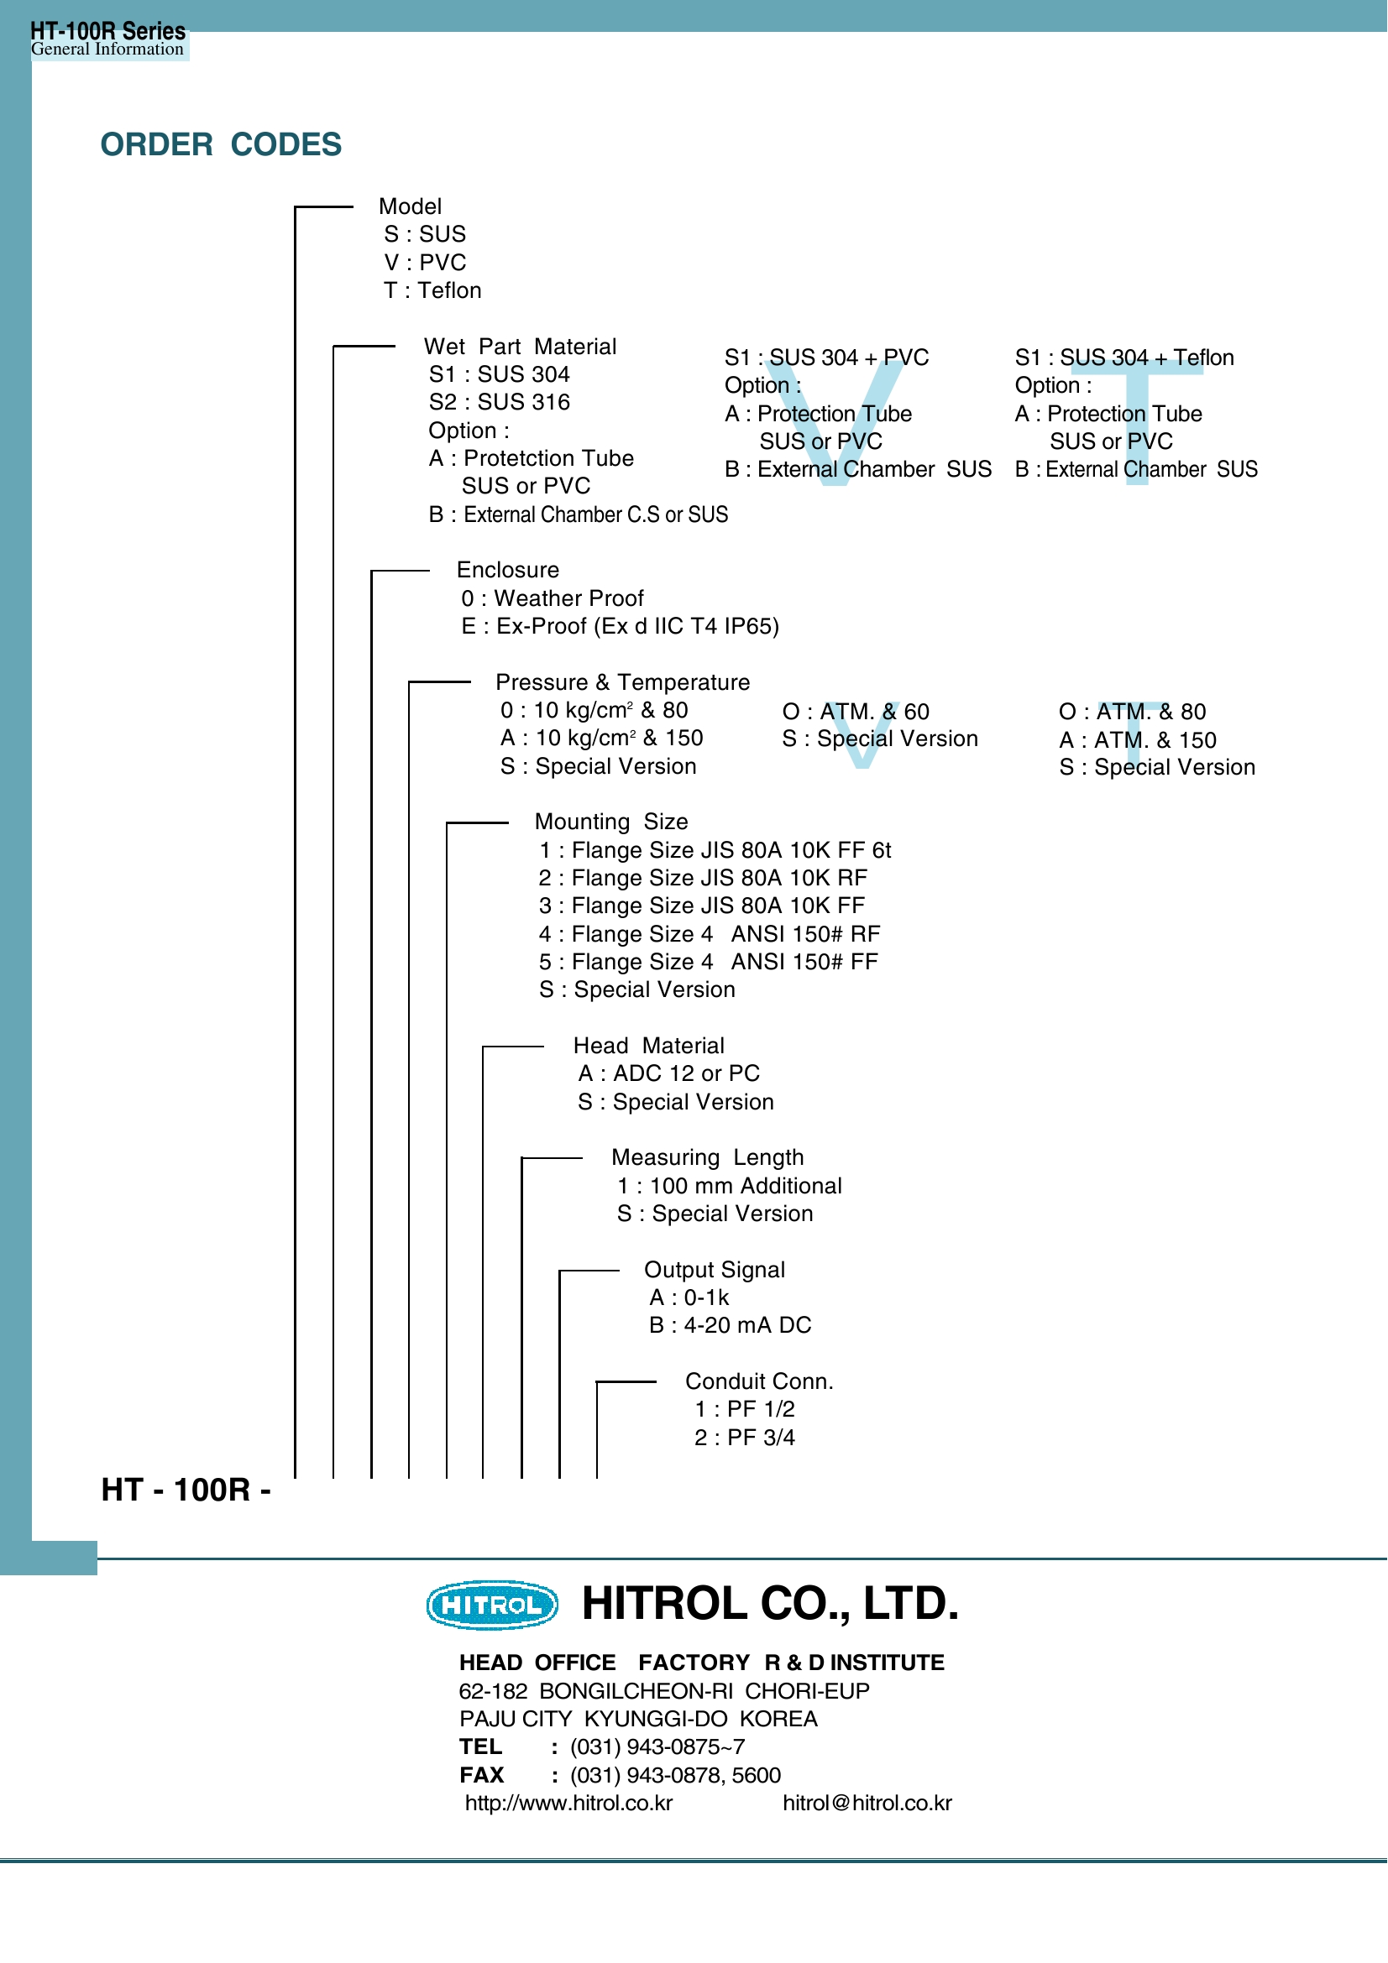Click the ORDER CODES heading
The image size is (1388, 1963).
point(221,144)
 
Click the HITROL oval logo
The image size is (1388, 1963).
point(492,1605)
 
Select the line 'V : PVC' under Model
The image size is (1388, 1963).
point(425,263)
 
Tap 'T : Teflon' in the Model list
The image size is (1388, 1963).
point(432,290)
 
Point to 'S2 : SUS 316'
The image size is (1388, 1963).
point(500,402)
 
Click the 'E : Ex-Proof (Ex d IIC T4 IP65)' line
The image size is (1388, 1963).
point(620,626)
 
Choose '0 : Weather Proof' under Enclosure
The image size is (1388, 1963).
point(553,598)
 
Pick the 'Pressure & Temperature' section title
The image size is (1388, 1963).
point(622,682)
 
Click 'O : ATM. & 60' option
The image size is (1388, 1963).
point(856,712)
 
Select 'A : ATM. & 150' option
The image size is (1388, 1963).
point(1138,739)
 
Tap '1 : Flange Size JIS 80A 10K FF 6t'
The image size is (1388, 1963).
point(715,850)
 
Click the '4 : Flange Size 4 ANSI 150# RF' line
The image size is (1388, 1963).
point(710,933)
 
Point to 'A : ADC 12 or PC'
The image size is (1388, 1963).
point(668,1073)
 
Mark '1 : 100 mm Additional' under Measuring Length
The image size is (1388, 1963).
point(730,1186)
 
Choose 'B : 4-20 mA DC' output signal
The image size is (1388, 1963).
point(731,1325)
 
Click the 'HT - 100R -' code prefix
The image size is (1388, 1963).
point(186,1491)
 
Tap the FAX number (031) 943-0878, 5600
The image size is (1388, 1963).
point(676,1775)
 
